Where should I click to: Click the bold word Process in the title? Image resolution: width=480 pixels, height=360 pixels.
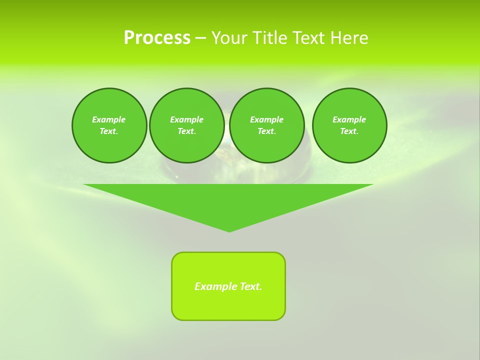(157, 38)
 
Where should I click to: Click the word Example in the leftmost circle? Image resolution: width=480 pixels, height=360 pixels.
(109, 119)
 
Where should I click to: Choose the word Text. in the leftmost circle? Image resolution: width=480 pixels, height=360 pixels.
(109, 131)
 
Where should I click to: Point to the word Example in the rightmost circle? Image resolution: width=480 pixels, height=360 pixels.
(349, 119)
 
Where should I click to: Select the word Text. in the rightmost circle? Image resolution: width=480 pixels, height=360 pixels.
(349, 131)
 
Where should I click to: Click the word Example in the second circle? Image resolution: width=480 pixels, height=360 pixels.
(186, 119)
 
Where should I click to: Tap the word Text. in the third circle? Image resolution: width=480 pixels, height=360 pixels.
(266, 131)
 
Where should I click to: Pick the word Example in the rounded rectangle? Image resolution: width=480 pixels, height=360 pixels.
(214, 286)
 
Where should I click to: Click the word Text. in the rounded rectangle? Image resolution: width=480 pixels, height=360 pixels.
(250, 286)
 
